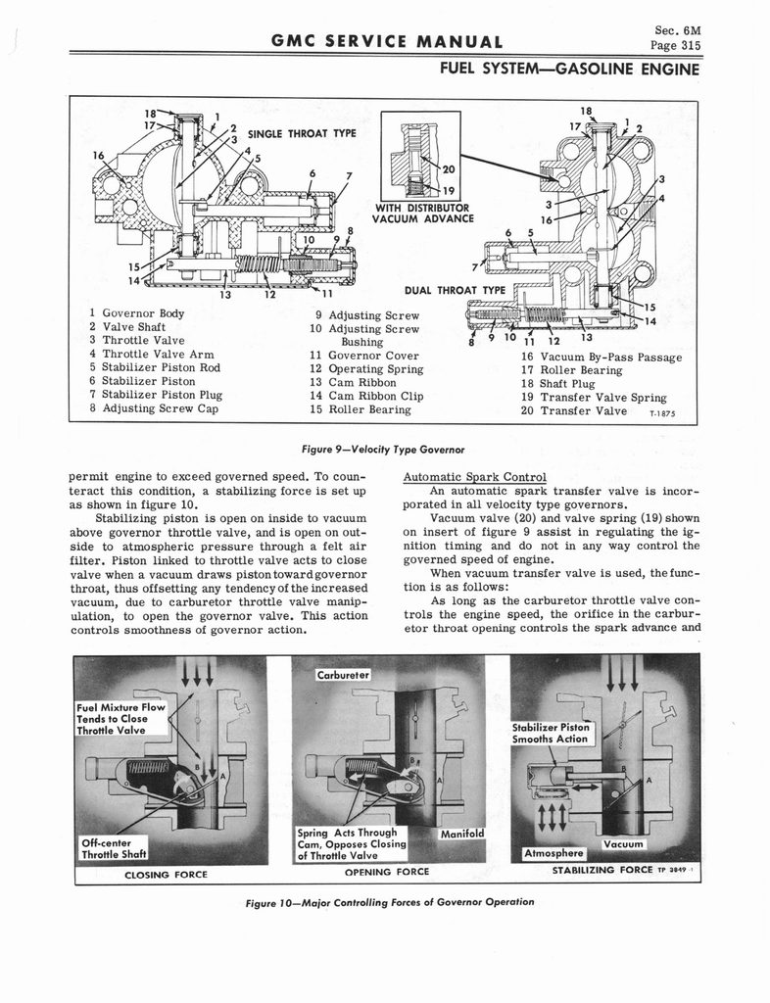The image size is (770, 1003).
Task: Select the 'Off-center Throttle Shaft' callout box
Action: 114,847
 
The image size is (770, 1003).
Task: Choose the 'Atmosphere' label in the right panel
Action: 554,853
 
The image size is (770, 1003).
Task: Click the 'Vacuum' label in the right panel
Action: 623,844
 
